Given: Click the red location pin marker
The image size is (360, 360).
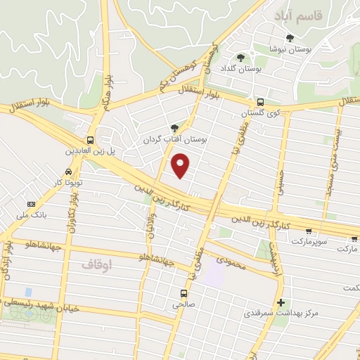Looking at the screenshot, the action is click(x=181, y=166).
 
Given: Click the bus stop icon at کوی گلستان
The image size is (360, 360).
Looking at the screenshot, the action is click(x=259, y=101).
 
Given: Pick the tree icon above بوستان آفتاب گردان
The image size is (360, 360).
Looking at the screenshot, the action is click(x=174, y=128).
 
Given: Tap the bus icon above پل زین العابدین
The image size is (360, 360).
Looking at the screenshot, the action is click(x=89, y=139).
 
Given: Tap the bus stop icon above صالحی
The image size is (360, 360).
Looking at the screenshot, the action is click(x=183, y=292).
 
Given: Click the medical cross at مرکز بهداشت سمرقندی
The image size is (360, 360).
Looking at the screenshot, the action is click(x=281, y=302).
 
